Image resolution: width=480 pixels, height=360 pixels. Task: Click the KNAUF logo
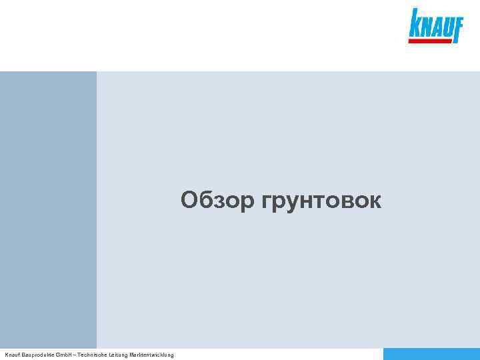click(435, 26)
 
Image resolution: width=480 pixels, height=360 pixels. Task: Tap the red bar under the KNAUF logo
click(431, 41)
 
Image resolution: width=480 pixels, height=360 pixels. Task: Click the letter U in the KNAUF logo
click(446, 29)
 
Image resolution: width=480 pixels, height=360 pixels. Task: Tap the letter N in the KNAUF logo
click(425, 29)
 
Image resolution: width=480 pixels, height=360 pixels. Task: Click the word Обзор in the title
click(217, 200)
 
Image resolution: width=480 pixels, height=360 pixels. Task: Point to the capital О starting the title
click(189, 199)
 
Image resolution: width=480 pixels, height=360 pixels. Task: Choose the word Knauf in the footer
click(13, 355)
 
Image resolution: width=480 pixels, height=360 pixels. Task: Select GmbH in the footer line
click(67, 355)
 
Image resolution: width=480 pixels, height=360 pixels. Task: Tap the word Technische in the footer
click(97, 355)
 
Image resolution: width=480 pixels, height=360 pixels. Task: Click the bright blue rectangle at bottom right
click(431, 354)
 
